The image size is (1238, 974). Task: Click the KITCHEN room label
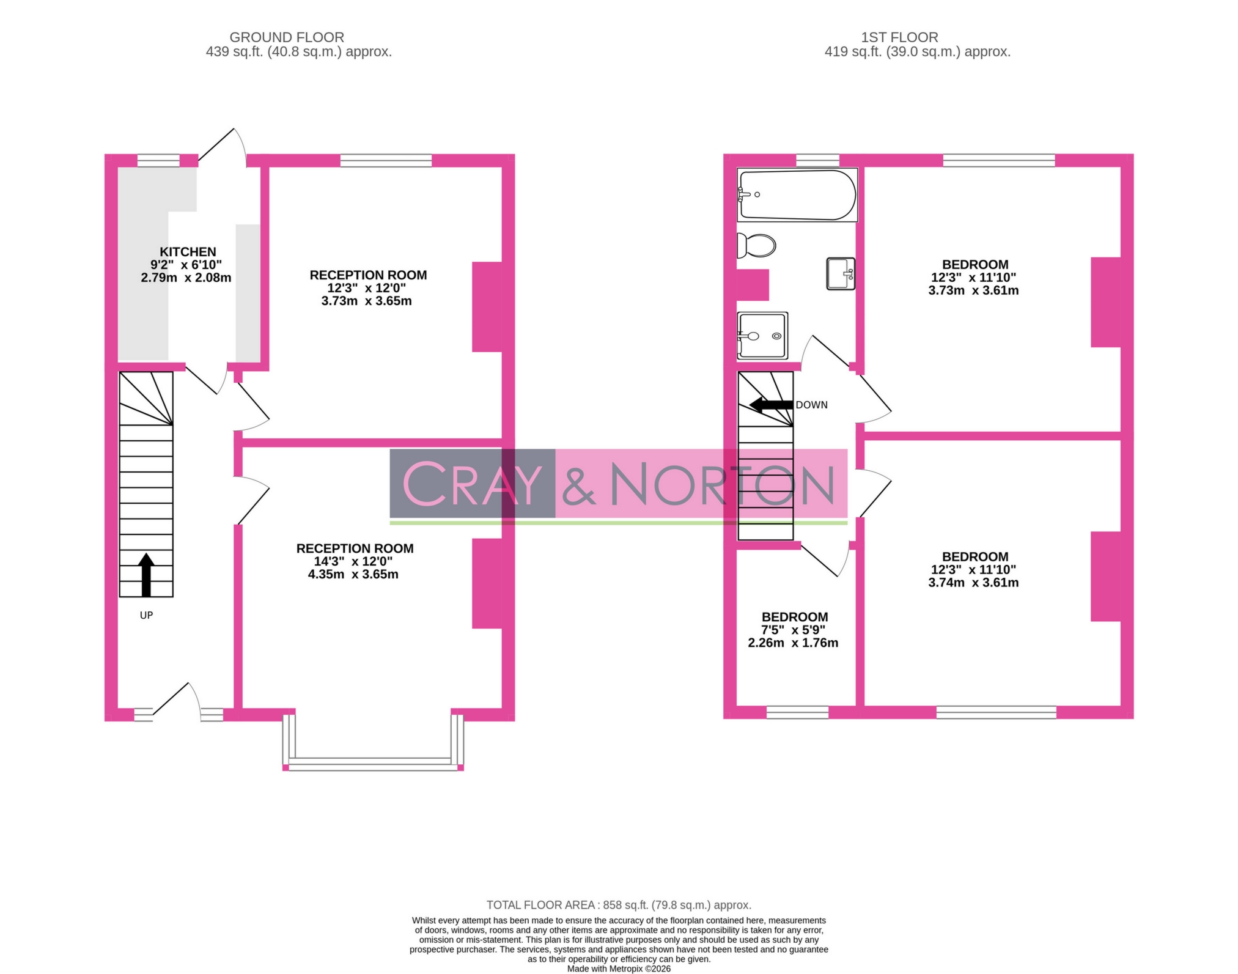point(188,252)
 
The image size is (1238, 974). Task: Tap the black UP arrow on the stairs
point(146,574)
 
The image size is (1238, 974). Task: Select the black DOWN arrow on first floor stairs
point(771,405)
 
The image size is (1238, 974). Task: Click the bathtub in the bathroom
point(797,194)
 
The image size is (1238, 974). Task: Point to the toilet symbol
point(757,246)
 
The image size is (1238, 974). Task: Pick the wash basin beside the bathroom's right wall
point(841,273)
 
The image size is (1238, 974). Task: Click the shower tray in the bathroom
point(762,336)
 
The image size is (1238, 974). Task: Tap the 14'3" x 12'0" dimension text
point(353,561)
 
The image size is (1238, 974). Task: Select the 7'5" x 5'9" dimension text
point(793,630)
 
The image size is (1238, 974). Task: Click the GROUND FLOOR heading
point(287,37)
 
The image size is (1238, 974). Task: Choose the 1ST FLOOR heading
point(899,37)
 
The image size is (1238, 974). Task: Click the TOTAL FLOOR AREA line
point(619,905)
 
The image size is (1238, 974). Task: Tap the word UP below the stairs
point(146,615)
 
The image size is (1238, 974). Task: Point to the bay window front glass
point(373,763)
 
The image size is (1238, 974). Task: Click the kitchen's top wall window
point(158,160)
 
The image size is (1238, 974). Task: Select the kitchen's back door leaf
point(216,144)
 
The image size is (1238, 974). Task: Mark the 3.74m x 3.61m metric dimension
point(973,583)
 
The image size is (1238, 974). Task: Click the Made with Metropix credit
point(619,968)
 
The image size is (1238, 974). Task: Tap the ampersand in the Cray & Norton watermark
point(578,484)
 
